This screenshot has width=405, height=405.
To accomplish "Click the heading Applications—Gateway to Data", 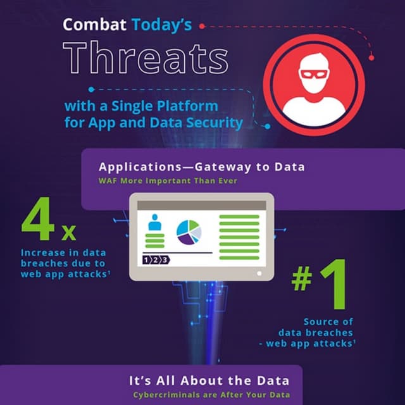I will tap(202, 167).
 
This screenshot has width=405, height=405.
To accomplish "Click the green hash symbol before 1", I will tap(302, 279).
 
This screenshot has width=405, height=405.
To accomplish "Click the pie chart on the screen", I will tap(188, 232).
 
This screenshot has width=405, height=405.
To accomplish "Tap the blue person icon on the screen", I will tap(154, 222).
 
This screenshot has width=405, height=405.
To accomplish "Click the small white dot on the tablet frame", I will tap(259, 273).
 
